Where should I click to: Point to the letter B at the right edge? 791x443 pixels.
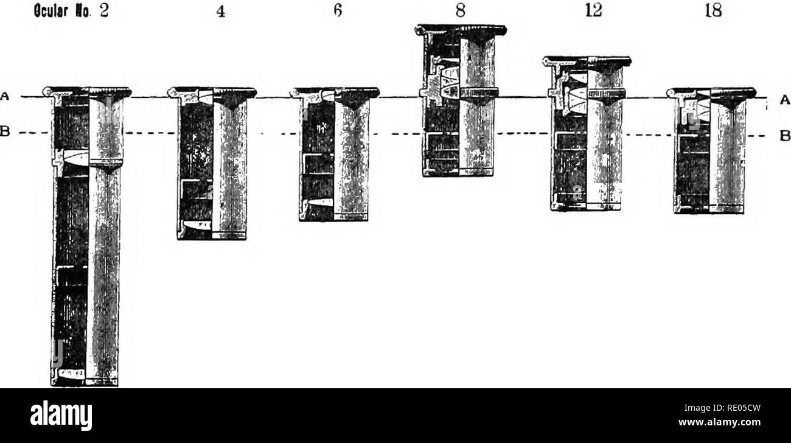[777, 136]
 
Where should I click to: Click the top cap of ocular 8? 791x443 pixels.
[461, 29]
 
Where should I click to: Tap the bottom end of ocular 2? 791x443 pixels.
[85, 382]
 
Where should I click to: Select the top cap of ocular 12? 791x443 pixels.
[587, 61]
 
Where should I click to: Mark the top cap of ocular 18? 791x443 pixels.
[711, 92]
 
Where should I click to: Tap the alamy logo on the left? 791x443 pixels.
[55, 416]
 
